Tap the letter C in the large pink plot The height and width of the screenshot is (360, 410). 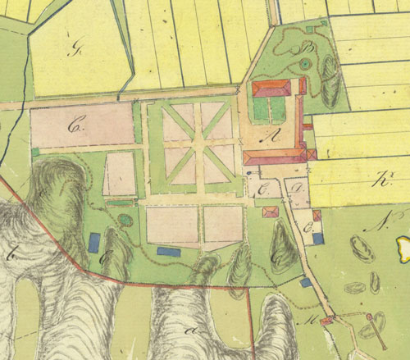pos(78,126)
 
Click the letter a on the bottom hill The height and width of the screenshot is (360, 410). pos(194,329)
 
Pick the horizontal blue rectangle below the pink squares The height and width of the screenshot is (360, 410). pos(170,251)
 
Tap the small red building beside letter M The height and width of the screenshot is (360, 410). pos(326,322)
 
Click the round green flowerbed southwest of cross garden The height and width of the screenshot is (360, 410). pos(125,220)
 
